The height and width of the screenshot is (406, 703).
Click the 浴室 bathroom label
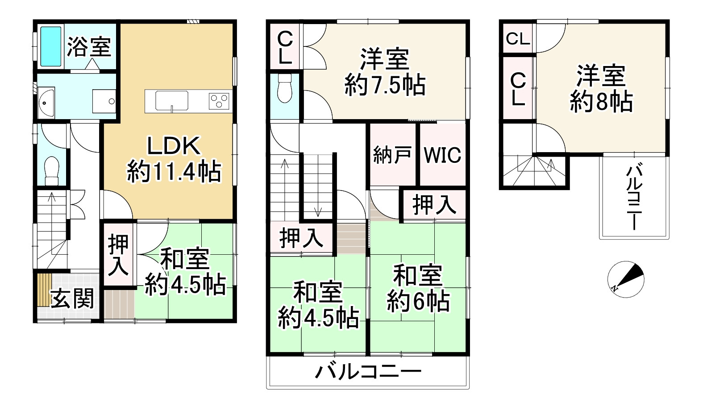89,46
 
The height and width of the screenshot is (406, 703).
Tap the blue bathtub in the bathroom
50,46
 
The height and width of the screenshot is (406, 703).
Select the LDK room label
174,145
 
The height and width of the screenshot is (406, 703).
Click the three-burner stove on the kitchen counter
219,100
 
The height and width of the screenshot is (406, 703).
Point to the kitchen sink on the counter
172,100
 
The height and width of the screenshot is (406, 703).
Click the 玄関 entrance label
72,298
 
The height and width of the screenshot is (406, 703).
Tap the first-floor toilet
52,170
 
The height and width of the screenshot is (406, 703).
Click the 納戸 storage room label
392,155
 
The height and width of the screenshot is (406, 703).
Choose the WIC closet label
442,155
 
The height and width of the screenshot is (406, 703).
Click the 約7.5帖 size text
385,85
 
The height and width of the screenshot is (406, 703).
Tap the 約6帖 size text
418,301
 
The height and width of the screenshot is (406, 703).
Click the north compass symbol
626,279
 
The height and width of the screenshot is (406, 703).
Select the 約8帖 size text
601,102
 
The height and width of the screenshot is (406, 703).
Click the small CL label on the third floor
518,39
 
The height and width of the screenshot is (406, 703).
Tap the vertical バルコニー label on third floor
633,197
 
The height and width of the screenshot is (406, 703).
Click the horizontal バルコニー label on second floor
368,371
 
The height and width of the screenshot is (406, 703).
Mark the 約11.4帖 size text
174,171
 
